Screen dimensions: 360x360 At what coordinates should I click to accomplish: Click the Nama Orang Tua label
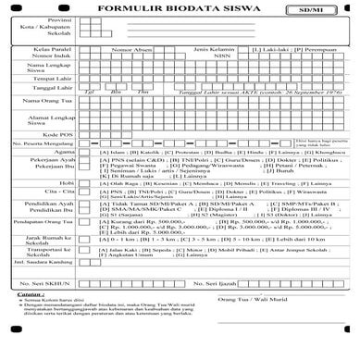click(x=50, y=125)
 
